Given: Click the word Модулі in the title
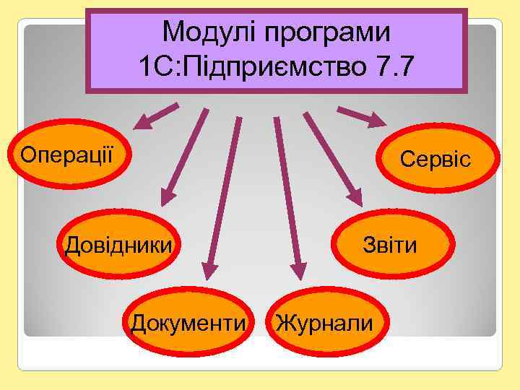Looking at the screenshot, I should [209, 32].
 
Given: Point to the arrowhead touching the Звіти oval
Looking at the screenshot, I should [356, 197].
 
